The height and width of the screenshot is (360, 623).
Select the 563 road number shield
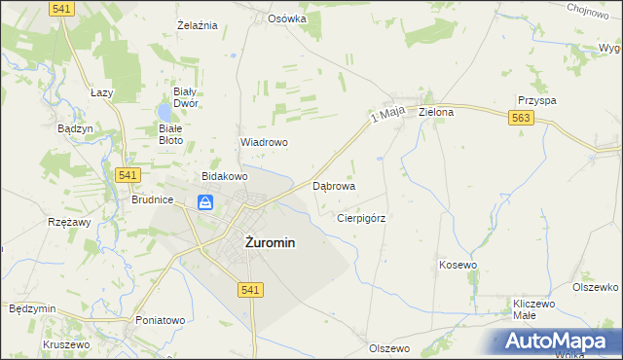point(520,117)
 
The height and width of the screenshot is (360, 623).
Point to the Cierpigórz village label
point(361,219)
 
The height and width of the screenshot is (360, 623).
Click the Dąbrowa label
point(333,185)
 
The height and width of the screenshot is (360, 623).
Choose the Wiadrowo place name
point(264,142)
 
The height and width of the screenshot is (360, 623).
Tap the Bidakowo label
point(225,176)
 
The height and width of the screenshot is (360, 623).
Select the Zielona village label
point(436,112)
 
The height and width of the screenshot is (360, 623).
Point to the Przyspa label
point(536,100)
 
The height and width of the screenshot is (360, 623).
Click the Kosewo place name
point(458,265)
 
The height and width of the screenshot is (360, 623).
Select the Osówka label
point(287,18)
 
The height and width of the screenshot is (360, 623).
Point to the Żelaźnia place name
point(196,24)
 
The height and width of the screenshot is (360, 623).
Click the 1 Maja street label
point(386,117)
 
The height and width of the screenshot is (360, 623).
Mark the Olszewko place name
point(596,287)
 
